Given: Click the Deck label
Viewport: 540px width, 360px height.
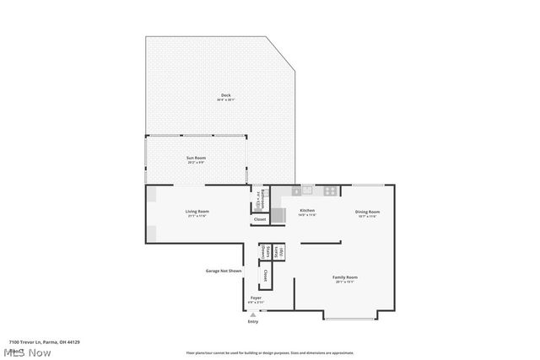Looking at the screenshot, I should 225,96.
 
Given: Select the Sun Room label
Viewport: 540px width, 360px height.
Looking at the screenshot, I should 196,159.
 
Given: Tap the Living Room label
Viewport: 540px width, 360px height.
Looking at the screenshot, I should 197,212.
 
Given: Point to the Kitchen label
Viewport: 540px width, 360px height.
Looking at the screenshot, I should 307,212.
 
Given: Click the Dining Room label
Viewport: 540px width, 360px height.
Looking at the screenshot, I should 367,213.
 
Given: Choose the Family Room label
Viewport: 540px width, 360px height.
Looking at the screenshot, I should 345,278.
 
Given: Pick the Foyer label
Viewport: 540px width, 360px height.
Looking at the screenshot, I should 255,298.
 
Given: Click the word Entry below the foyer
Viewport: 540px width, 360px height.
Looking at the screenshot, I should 252,322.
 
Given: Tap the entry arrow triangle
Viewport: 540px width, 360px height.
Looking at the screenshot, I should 252,314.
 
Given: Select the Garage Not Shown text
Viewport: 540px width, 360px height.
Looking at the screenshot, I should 224,271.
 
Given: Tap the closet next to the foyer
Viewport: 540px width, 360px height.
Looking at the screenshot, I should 264,275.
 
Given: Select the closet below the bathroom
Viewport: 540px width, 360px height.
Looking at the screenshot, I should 260,219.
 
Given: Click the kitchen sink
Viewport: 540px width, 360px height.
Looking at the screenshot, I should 308,190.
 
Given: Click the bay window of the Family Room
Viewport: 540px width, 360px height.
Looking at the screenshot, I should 349,317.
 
